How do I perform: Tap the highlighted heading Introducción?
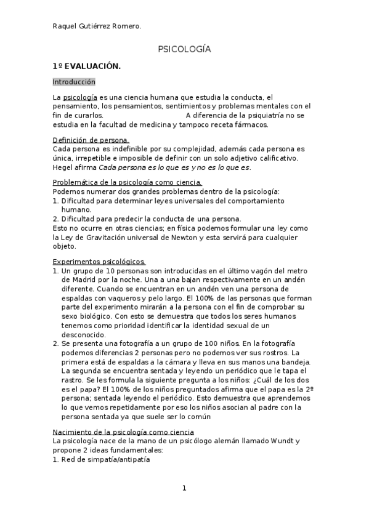74,82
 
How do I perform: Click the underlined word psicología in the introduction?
80,98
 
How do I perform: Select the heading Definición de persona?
91,140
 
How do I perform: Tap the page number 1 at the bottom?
184,489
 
